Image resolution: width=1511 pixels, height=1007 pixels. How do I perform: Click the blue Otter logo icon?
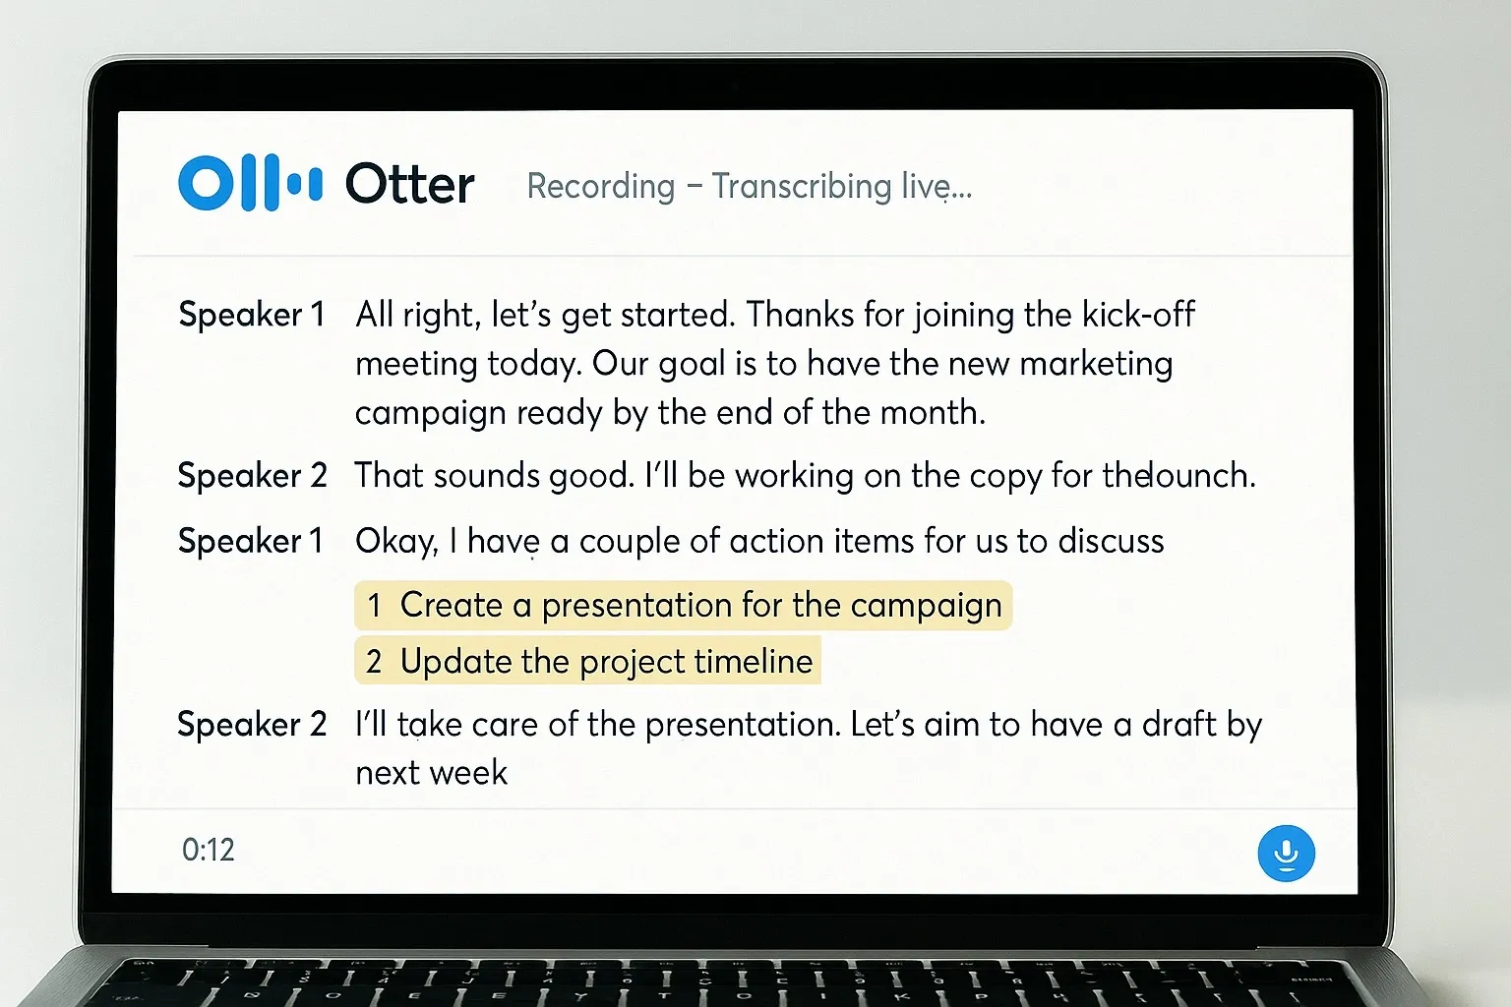tap(250, 183)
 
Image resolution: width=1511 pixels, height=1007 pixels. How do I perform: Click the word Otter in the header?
tap(409, 185)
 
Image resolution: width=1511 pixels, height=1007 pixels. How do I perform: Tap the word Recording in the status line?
tap(601, 186)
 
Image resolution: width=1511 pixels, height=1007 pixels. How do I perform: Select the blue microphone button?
tap(1286, 853)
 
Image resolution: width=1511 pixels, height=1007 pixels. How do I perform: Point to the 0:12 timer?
tap(209, 850)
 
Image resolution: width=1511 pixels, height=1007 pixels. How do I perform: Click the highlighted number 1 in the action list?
tap(374, 606)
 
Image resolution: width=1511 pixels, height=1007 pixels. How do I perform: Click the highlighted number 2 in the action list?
tap(374, 662)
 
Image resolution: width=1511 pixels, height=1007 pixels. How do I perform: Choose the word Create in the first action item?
tap(451, 605)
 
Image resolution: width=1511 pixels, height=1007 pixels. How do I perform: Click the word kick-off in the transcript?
tap(1138, 315)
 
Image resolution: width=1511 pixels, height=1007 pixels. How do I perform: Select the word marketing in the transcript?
tap(1096, 364)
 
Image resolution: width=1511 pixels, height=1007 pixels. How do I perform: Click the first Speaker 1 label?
tap(251, 315)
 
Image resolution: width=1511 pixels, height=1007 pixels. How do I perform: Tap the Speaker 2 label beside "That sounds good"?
tap(252, 476)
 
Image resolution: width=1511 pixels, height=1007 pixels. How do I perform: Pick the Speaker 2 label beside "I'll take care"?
tap(252, 725)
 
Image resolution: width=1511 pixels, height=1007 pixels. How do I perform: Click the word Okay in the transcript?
tap(395, 542)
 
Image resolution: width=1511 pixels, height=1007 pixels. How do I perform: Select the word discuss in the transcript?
tap(1111, 541)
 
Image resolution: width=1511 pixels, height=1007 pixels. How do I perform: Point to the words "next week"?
tap(431, 773)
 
